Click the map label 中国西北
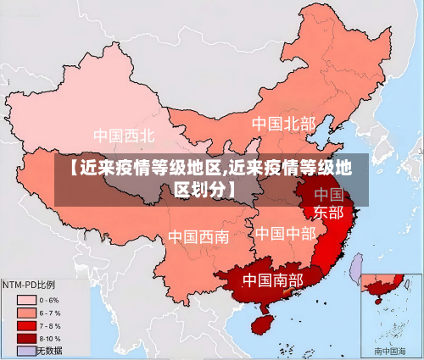coord(124,136)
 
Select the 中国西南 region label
coord(198,236)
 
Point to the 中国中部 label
coord(285,233)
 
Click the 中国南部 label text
coord(272,280)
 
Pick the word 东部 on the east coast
coord(328,212)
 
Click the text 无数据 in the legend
coord(50,350)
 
